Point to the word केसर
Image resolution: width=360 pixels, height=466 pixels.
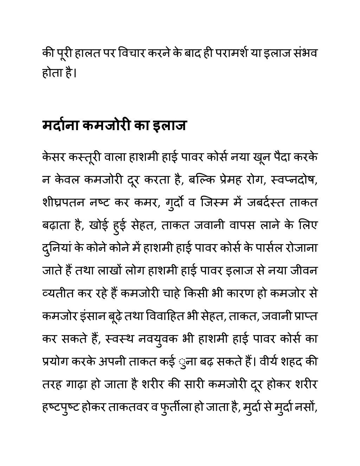pos(54,157)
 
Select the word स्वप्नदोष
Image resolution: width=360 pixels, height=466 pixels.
pos(294,180)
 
